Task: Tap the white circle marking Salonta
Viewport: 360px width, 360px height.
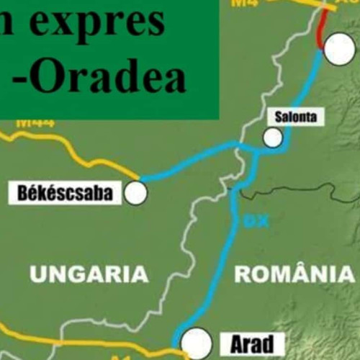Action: tap(272, 137)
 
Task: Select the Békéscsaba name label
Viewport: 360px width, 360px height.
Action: tap(64, 193)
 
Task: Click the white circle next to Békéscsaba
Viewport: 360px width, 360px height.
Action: tap(135, 193)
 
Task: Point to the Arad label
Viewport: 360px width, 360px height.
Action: tap(247, 344)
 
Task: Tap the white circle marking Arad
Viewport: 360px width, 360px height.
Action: tap(196, 342)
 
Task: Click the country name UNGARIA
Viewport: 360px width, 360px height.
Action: tap(89, 274)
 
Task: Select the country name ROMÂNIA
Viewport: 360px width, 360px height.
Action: tap(294, 274)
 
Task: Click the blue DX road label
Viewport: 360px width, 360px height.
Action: tap(251, 222)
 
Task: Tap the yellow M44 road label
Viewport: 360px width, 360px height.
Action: tap(35, 122)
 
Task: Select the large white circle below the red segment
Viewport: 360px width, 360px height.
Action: tap(339, 49)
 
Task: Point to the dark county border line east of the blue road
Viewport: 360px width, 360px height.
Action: tap(302, 189)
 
